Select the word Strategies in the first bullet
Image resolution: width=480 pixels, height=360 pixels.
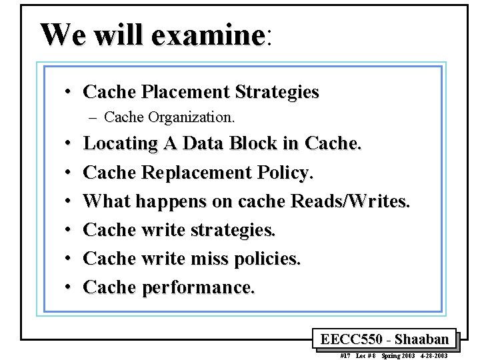(x=279, y=91)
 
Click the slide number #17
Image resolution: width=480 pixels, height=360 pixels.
(x=345, y=356)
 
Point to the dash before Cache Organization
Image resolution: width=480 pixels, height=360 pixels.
(x=92, y=118)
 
